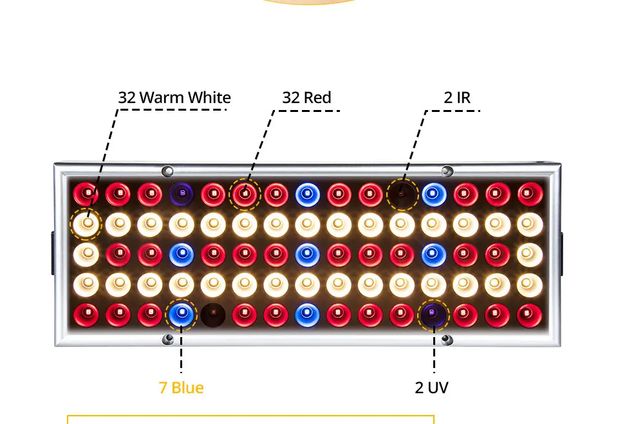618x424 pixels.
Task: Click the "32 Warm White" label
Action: (x=174, y=98)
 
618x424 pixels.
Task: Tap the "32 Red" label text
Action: (x=306, y=98)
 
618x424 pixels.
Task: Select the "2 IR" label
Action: (x=457, y=98)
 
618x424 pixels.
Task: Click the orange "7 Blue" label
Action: (x=181, y=388)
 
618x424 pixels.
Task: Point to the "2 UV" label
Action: (x=431, y=388)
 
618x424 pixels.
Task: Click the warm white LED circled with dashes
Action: (x=86, y=223)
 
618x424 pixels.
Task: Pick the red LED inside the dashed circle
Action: (x=245, y=193)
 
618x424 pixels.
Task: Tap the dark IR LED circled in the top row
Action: (x=402, y=193)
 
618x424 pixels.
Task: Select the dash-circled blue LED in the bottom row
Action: (x=182, y=314)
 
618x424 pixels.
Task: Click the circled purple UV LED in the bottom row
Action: (x=433, y=314)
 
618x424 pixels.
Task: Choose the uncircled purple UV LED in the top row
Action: (x=182, y=193)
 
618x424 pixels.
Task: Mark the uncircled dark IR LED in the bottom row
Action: (x=212, y=314)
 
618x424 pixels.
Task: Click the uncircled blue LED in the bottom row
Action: (x=307, y=314)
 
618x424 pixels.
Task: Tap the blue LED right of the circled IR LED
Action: (x=433, y=193)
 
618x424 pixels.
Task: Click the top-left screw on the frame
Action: (x=168, y=171)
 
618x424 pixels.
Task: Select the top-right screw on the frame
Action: (x=445, y=171)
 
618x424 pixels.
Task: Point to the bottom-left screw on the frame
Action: (x=168, y=338)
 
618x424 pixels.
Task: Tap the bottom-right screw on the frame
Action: (x=445, y=338)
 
